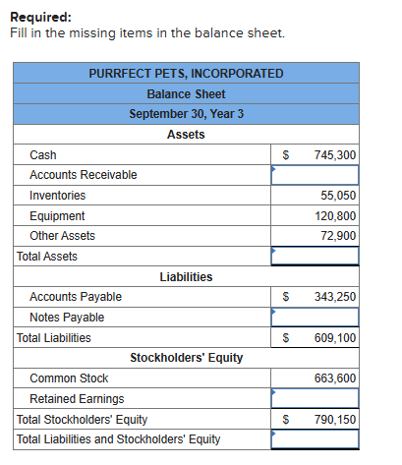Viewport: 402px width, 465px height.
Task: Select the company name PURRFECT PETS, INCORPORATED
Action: [x=186, y=74]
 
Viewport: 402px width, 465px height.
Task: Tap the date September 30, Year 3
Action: [x=186, y=114]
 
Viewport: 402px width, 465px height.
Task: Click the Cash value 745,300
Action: [x=335, y=155]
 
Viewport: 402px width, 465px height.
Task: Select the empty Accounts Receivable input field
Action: [x=316, y=175]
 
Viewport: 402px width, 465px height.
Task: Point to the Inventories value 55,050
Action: [x=339, y=196]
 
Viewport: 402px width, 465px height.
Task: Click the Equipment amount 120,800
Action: [x=335, y=216]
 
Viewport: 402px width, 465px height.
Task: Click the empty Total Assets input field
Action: [x=316, y=257]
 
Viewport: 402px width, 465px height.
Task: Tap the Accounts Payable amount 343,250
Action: [x=335, y=297]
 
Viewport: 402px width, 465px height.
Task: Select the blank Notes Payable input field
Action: [x=316, y=318]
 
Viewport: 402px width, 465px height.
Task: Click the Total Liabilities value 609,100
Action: [x=335, y=338]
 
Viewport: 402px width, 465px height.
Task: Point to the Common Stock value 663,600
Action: [x=335, y=378]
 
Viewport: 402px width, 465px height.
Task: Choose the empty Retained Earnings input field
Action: [x=316, y=399]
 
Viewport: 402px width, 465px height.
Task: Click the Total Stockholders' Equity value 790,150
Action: [x=335, y=420]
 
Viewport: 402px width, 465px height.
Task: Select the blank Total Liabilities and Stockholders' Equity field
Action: [x=316, y=439]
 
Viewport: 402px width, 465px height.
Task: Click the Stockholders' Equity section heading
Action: [x=186, y=358]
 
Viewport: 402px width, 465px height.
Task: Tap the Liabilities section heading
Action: [x=186, y=277]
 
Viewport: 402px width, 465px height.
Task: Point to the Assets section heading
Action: [x=186, y=135]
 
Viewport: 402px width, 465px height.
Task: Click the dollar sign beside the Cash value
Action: [x=286, y=155]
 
